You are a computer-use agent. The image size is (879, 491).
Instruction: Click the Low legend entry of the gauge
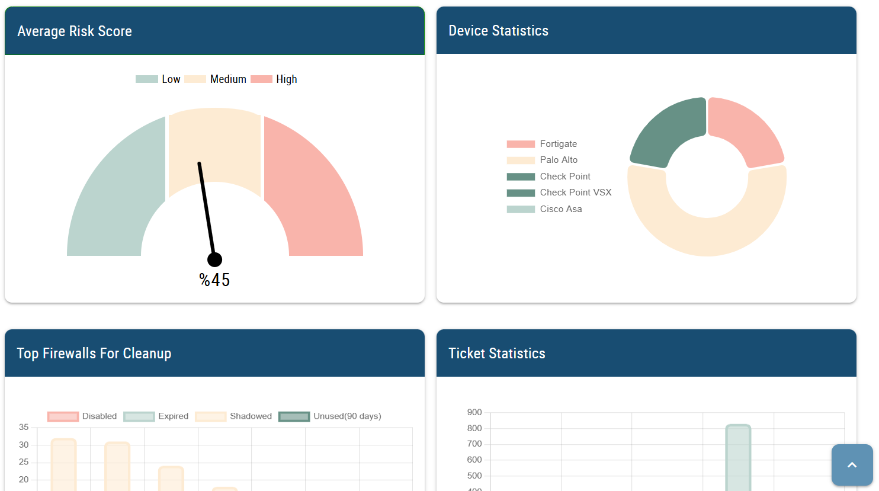pos(158,79)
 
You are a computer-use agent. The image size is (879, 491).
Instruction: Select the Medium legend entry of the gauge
pos(216,79)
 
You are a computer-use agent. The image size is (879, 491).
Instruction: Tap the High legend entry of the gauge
pos(274,79)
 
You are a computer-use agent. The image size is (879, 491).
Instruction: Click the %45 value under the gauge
pos(214,280)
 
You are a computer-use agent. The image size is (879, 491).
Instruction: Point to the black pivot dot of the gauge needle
pos(214,259)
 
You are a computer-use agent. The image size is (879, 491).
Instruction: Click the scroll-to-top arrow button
pos(852,465)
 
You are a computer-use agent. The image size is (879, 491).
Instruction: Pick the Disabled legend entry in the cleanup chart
pos(83,416)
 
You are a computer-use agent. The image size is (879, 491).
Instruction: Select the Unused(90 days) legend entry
pos(331,416)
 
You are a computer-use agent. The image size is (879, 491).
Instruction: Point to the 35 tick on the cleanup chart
pos(24,427)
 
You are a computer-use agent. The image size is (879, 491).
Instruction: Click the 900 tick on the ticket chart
pos(474,412)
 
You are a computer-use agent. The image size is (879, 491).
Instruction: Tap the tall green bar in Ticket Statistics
pos(738,459)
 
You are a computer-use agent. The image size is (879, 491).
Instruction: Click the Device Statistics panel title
pos(498,31)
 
